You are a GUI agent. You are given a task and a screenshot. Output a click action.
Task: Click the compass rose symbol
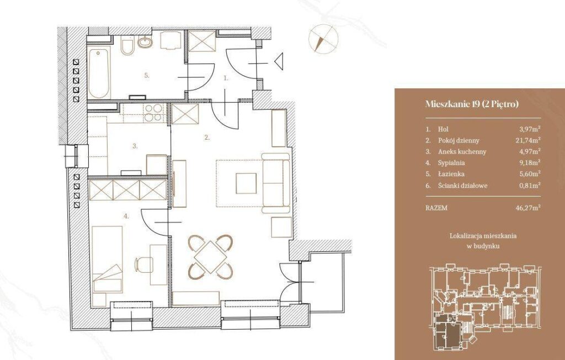[x=323, y=39]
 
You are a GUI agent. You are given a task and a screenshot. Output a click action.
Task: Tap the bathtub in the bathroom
[x=98, y=73]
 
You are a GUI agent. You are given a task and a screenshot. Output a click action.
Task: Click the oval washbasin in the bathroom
[x=145, y=42]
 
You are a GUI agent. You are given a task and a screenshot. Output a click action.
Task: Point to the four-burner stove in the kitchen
[x=153, y=112]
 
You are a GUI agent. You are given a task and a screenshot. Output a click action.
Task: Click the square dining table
[x=210, y=257]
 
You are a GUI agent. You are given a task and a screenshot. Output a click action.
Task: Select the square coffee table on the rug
[x=246, y=183]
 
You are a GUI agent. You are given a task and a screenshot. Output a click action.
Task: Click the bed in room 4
[x=108, y=259]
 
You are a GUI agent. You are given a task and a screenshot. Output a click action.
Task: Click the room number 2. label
[x=207, y=137]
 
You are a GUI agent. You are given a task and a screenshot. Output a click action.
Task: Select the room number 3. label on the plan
[x=135, y=146]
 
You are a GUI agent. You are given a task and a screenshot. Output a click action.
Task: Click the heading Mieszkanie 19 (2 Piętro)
[x=472, y=104]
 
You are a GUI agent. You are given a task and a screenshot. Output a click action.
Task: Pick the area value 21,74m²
[x=528, y=140]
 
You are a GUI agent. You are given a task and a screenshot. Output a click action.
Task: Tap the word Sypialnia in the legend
[x=451, y=163]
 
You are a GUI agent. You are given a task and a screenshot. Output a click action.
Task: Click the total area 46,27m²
[x=528, y=208]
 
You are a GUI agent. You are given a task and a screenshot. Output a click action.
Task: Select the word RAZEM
[x=436, y=208]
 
